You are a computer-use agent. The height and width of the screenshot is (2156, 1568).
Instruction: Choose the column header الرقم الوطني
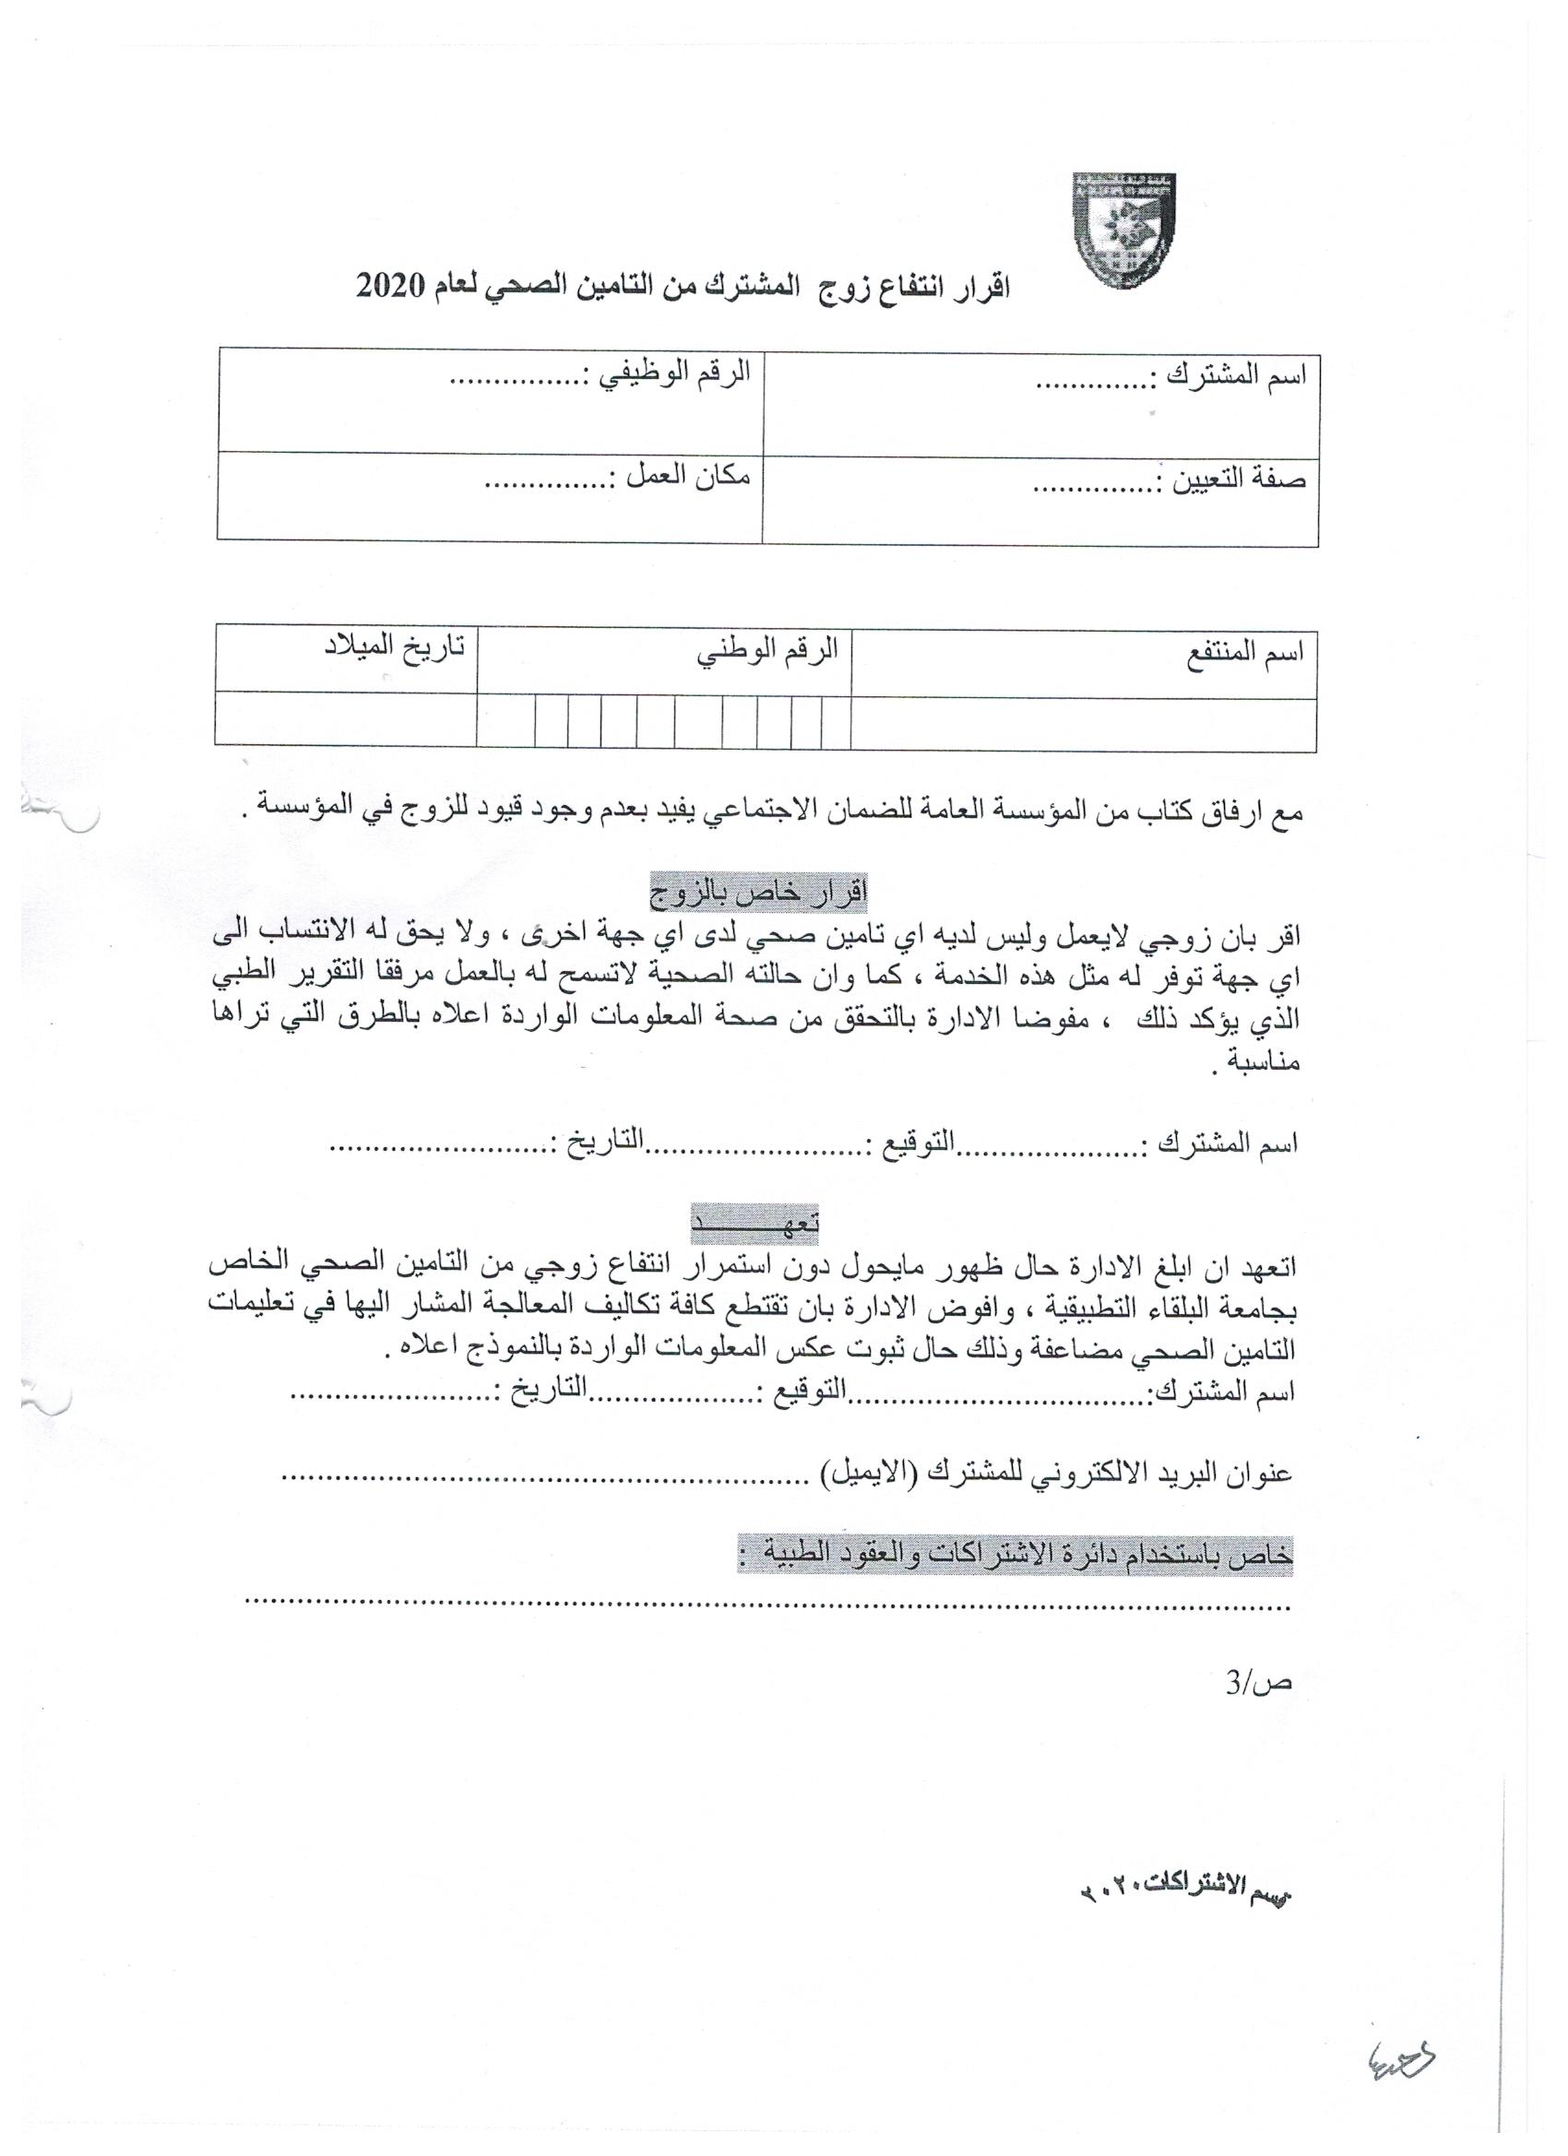click(768, 652)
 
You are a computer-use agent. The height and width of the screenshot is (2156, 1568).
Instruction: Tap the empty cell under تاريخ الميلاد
click(345, 720)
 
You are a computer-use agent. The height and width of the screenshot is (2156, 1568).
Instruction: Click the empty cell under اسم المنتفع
click(1083, 725)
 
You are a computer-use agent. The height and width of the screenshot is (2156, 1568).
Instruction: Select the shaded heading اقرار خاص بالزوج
click(758, 894)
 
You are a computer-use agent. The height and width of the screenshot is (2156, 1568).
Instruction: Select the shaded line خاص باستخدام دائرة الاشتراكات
click(1015, 1558)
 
